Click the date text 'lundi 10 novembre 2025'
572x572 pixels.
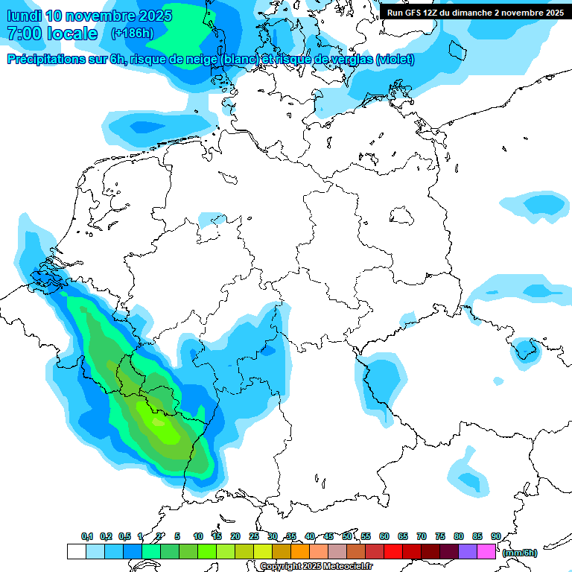pyautogui.click(x=89, y=16)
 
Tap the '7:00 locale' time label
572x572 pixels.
pyautogui.click(x=52, y=34)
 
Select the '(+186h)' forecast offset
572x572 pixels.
pyautogui.click(x=133, y=34)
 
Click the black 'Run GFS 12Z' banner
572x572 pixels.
pyautogui.click(x=475, y=12)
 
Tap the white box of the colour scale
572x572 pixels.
pyautogui.click(x=76, y=551)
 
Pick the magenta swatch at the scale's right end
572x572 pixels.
pyautogui.click(x=486, y=551)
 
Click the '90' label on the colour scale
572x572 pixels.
pyautogui.click(x=495, y=536)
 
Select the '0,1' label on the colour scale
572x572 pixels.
pyautogui.click(x=87, y=536)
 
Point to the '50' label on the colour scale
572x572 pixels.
pyautogui.click(x=347, y=536)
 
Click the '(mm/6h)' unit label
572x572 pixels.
pyautogui.click(x=520, y=553)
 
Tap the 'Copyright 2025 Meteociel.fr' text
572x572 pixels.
pyautogui.click(x=316, y=566)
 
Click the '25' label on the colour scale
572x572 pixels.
pyautogui.click(x=254, y=536)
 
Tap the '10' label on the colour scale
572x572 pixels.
pyautogui.click(x=198, y=536)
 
